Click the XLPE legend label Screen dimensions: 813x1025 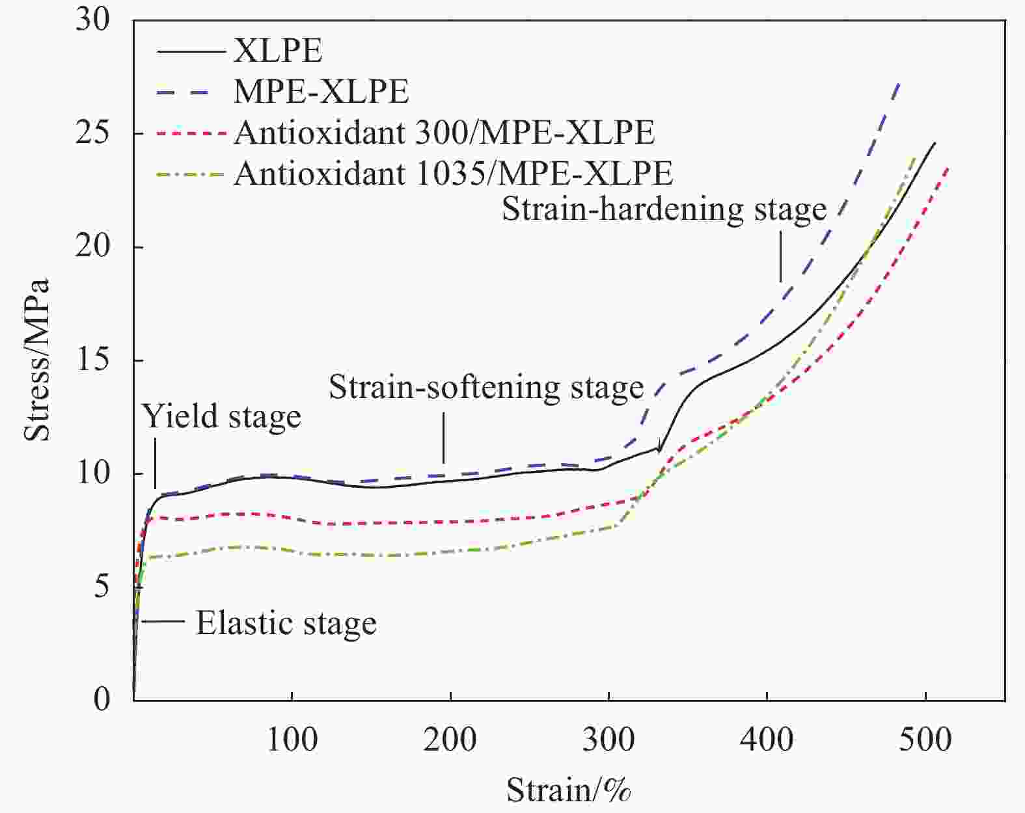tap(278, 51)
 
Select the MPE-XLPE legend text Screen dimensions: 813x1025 tap(321, 92)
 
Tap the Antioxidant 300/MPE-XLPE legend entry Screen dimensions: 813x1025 tap(444, 133)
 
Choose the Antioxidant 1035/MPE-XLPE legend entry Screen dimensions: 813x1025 tap(453, 174)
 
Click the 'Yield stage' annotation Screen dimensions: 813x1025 tap(222, 416)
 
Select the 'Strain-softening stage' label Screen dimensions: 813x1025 tap(485, 388)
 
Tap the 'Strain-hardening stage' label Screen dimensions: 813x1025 tap(664, 209)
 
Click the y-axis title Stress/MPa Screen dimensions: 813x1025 tap(36, 360)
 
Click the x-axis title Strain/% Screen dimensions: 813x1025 tap(569, 791)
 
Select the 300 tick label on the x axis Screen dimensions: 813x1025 tap(608, 740)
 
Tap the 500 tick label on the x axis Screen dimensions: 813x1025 tap(925, 740)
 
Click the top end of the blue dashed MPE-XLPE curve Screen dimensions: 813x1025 tap(899, 83)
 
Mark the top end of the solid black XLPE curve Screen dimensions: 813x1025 tap(935, 142)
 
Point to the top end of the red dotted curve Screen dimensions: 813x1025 tap(948, 167)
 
